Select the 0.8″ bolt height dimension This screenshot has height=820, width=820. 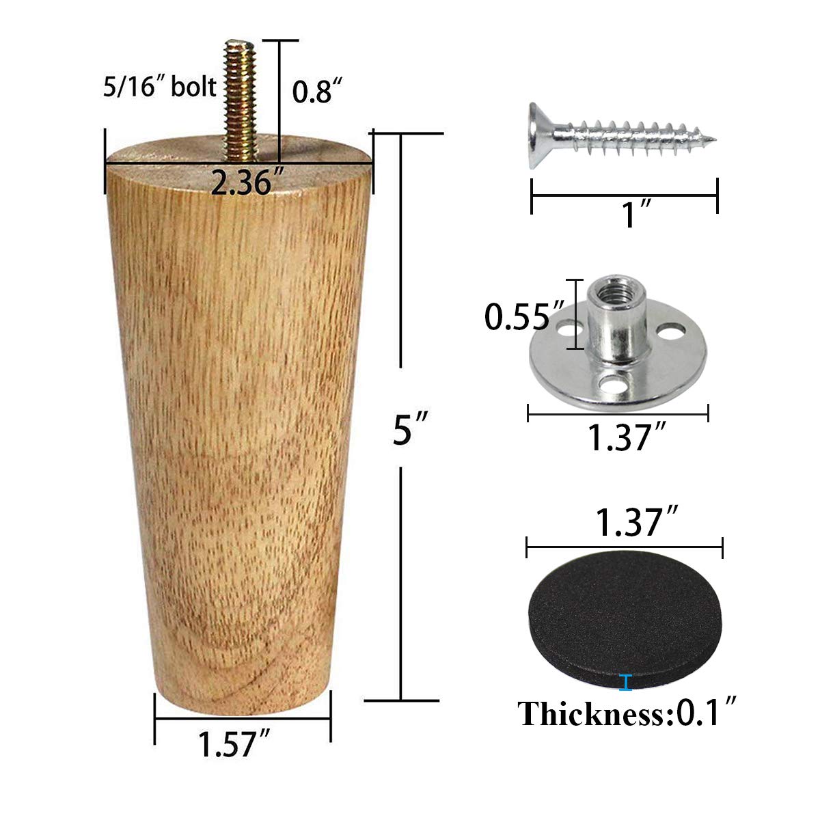point(316,91)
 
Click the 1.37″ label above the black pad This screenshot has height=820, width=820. point(630,523)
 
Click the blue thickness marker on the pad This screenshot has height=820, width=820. point(624,681)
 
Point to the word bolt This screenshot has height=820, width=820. point(194,87)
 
